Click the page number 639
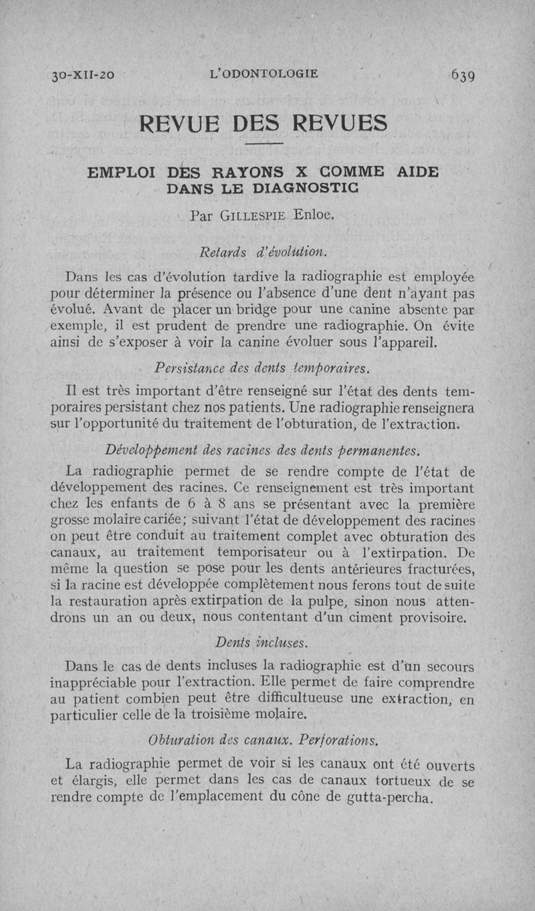point(463,74)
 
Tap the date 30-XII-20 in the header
point(83,74)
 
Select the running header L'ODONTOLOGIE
point(263,74)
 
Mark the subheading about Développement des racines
point(262,448)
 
